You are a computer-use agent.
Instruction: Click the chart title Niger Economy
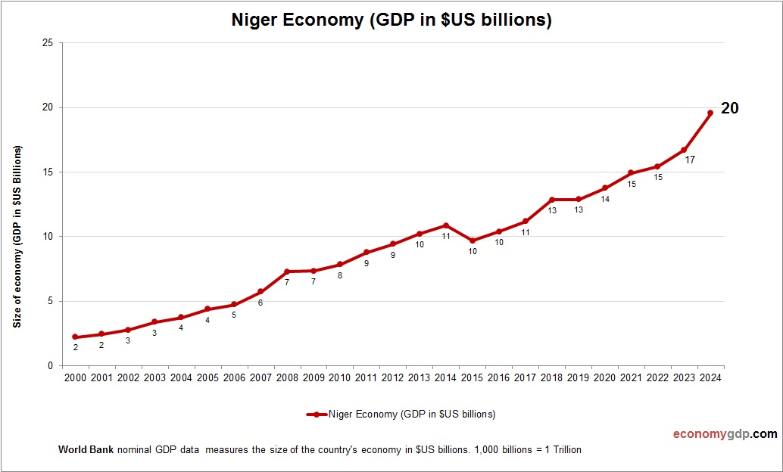[x=391, y=20]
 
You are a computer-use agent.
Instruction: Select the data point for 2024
[x=710, y=113]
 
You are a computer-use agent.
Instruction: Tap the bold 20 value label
[x=729, y=108]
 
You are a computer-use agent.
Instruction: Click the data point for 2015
[x=473, y=241]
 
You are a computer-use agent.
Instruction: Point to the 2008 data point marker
[x=287, y=272]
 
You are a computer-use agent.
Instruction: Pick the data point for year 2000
[x=75, y=337]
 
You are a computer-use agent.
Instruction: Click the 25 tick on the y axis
[x=48, y=43]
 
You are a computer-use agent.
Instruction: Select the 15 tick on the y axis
[x=48, y=172]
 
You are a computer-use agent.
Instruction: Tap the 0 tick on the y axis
[x=50, y=366]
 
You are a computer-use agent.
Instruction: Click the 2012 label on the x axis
[x=393, y=378]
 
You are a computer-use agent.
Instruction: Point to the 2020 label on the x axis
[x=605, y=378]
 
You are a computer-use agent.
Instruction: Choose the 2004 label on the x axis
[x=181, y=378]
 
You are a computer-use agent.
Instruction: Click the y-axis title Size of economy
[x=17, y=236]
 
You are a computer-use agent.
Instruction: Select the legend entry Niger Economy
[x=401, y=414]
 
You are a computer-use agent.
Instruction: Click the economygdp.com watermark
[x=725, y=434]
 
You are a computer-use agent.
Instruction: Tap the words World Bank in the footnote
[x=86, y=450]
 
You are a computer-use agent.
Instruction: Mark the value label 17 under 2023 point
[x=690, y=160]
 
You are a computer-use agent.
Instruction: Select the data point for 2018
[x=552, y=200]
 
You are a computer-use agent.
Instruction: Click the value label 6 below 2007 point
[x=260, y=303]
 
